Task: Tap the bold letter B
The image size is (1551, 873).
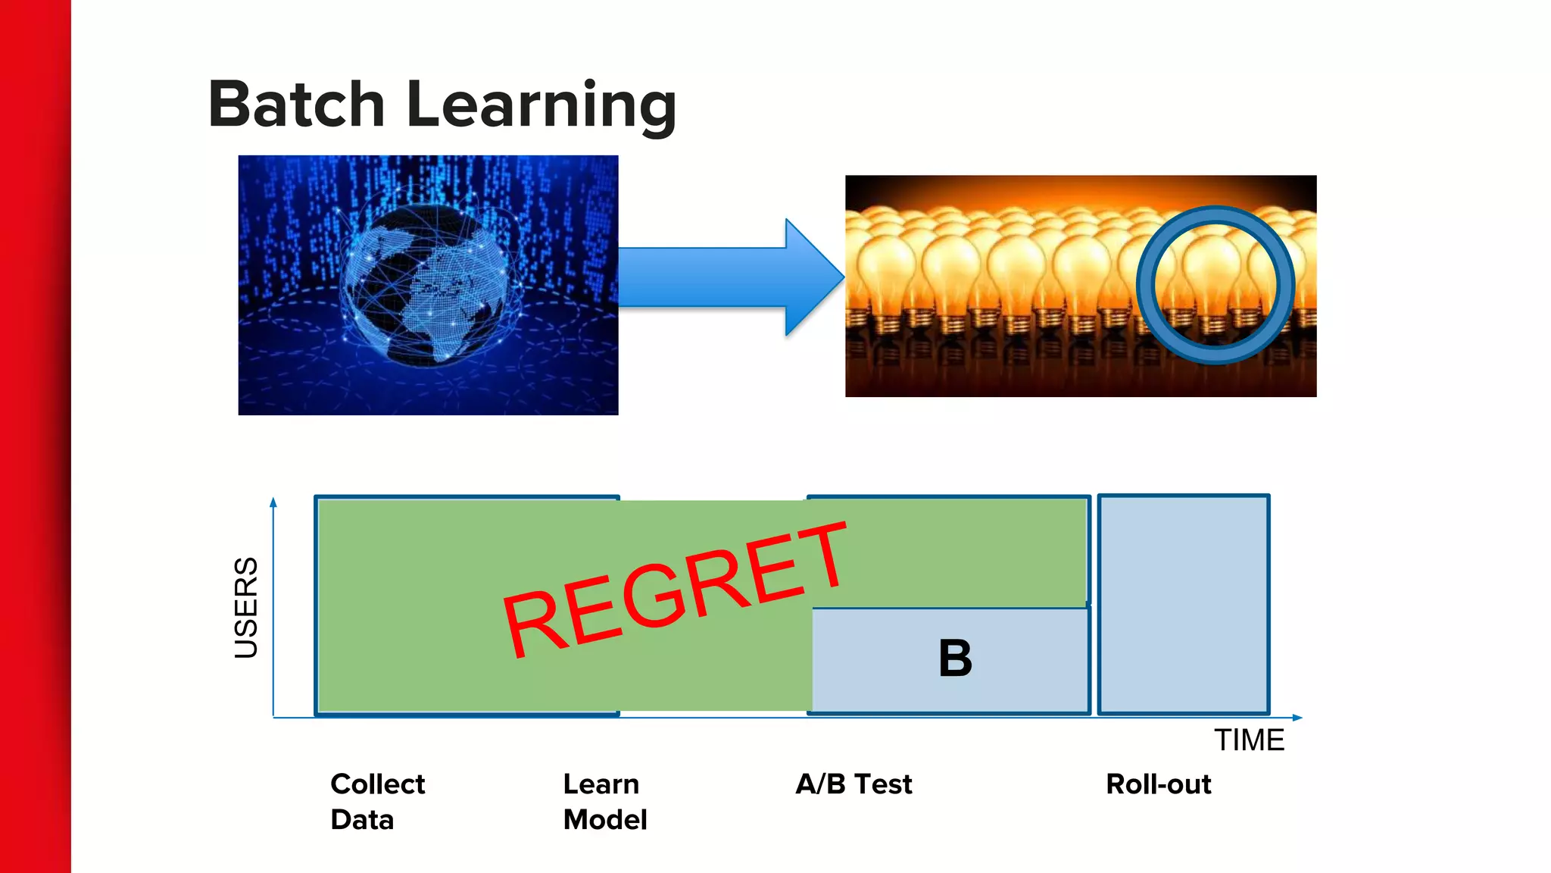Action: [955, 658]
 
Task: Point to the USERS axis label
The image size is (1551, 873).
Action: [246, 607]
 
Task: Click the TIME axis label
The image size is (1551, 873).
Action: [1249, 740]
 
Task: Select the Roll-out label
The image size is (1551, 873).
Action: [1158, 784]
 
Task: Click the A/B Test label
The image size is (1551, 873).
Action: [854, 784]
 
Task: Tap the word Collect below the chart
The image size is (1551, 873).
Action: [377, 784]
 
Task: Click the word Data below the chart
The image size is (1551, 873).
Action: [362, 820]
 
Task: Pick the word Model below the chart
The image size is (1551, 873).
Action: [605, 820]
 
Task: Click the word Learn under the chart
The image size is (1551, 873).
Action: [601, 784]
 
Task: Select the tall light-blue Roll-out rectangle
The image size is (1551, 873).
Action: [1184, 604]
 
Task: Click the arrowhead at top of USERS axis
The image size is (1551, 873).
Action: [273, 502]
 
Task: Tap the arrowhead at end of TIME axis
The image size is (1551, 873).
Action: [1297, 717]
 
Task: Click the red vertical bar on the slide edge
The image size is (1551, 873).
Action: [34, 436]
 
